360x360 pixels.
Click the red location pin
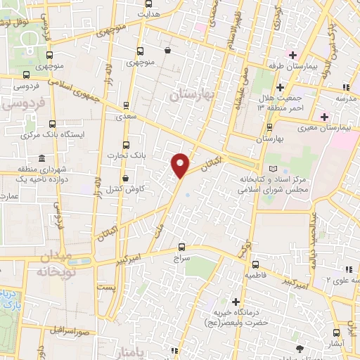pyautogui.click(x=180, y=165)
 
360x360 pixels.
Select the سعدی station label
pyautogui.click(x=127, y=118)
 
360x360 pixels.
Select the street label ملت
pyautogui.click(x=160, y=227)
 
